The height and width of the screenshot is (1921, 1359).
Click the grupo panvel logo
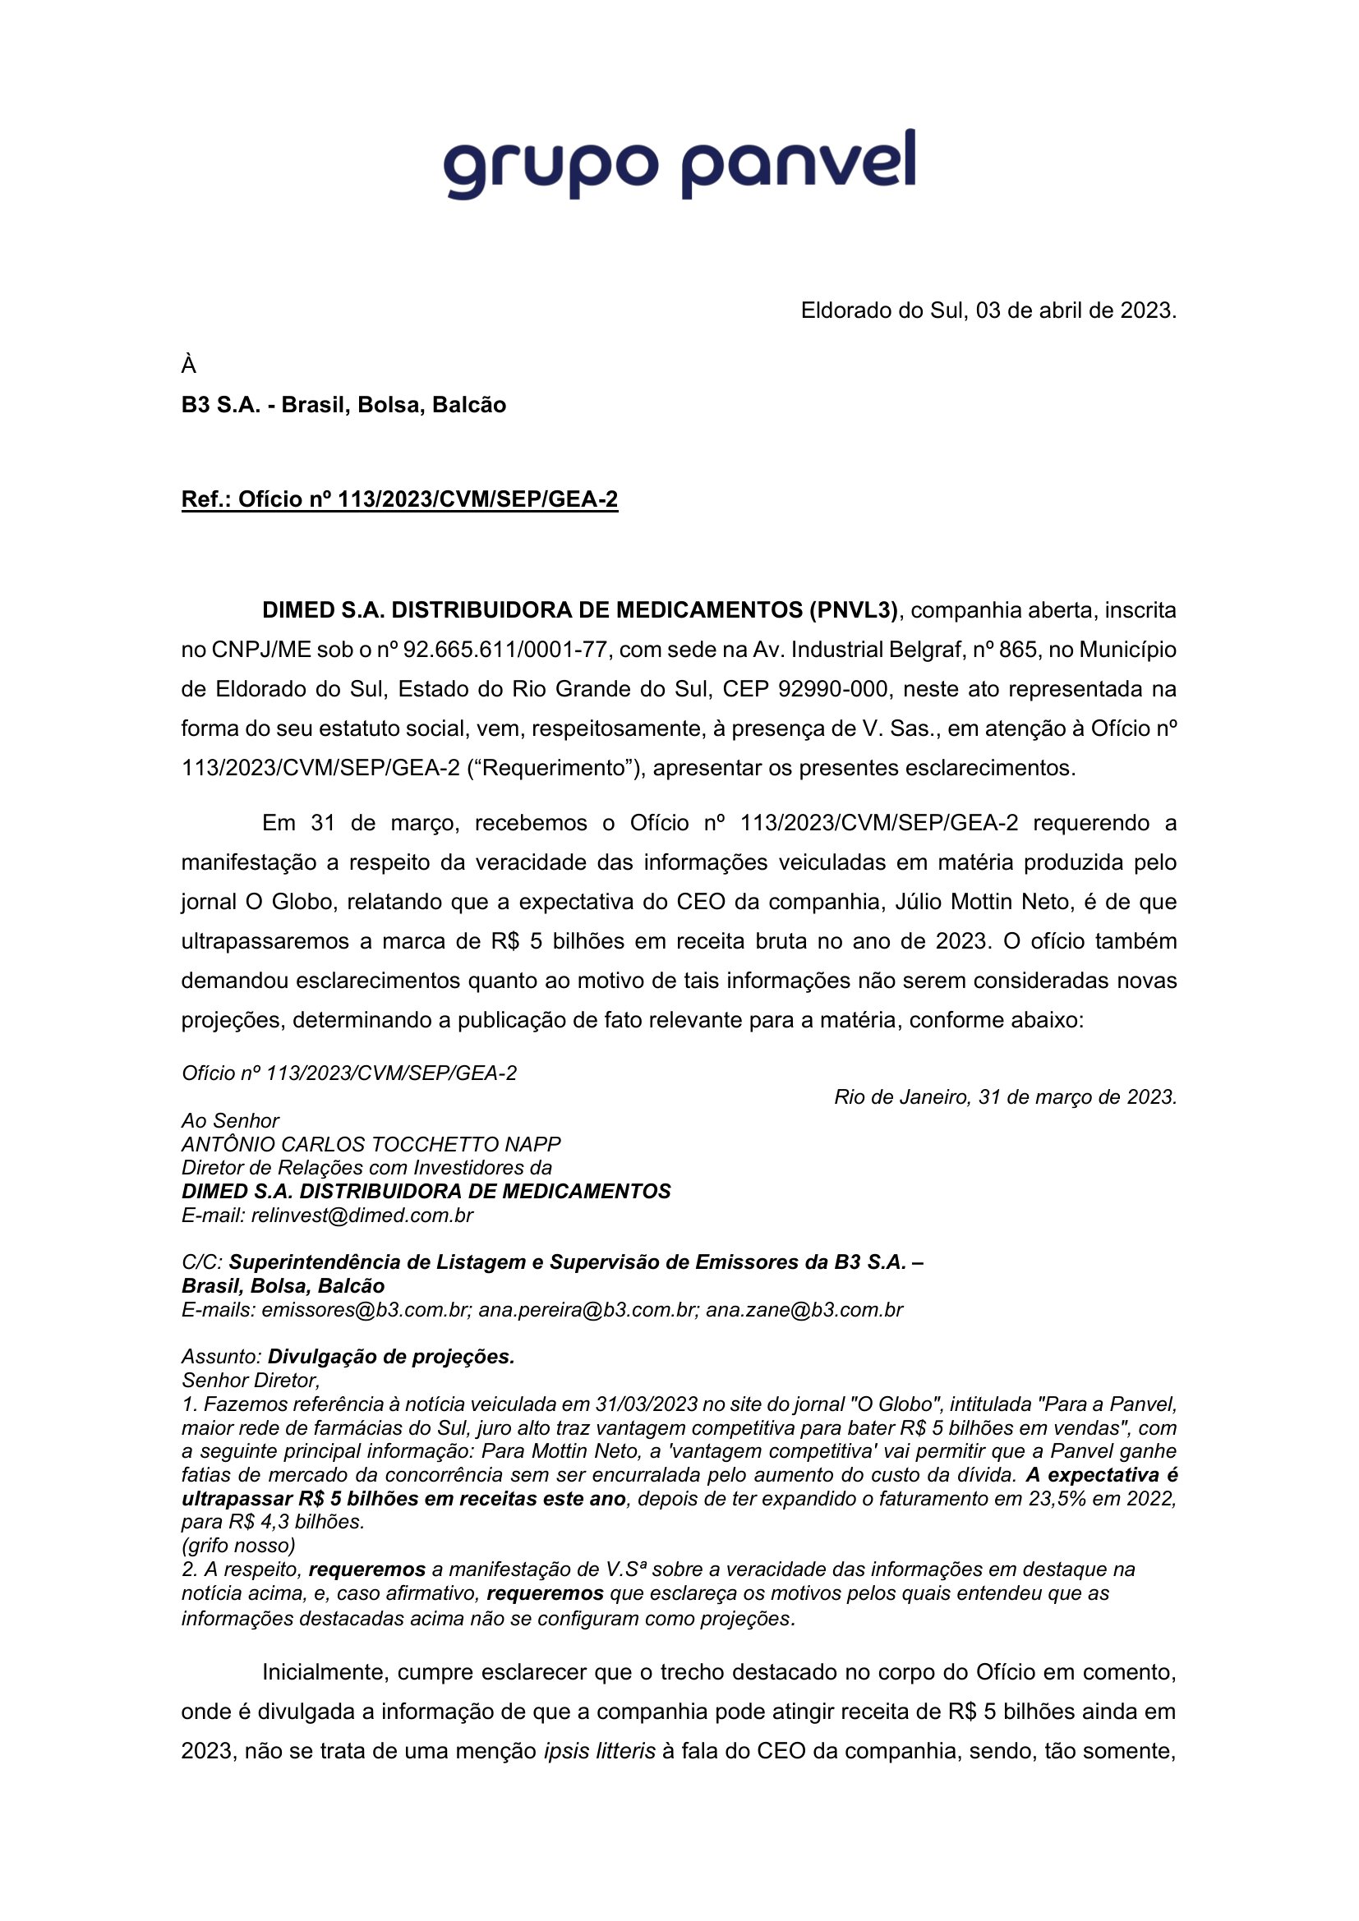pos(679,165)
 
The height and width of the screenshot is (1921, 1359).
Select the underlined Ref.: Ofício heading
pos(399,499)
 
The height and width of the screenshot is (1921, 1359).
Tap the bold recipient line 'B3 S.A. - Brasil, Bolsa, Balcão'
pos(343,405)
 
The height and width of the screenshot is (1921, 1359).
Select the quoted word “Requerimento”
pos(555,768)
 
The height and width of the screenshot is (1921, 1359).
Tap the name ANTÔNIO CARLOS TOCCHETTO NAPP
pos(371,1144)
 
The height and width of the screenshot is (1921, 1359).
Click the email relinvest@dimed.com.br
pos(362,1215)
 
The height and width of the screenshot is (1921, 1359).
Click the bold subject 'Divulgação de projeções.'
pos(391,1357)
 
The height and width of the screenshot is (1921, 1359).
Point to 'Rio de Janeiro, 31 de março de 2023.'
pos(1005,1097)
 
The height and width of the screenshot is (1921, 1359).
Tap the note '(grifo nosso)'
pos(238,1546)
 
